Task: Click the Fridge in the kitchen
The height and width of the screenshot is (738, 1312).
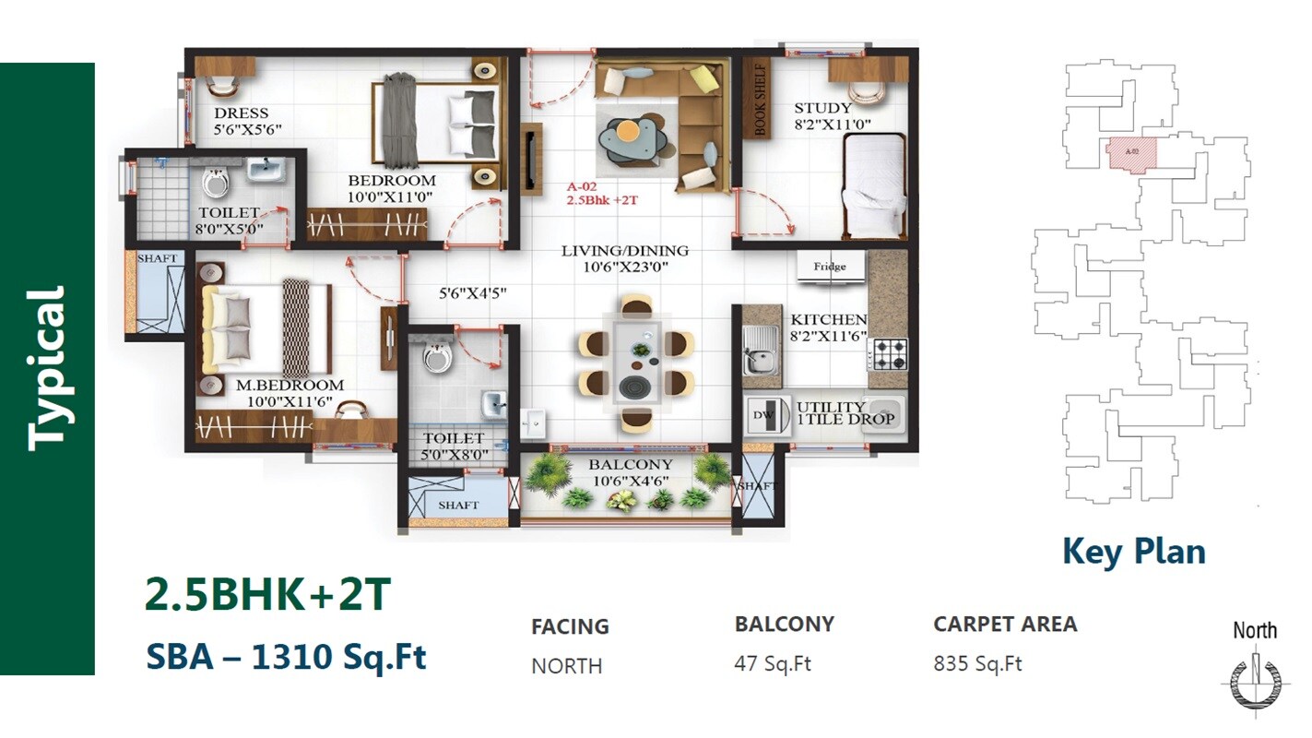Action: [830, 267]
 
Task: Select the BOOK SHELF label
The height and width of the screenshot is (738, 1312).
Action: [762, 100]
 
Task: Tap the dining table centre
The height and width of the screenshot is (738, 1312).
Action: [634, 363]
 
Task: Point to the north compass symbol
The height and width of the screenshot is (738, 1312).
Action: [1254, 681]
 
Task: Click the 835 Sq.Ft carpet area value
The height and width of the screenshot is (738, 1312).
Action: [977, 663]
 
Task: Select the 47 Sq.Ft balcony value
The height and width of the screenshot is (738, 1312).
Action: [773, 663]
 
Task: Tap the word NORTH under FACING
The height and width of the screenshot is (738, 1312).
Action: [566, 666]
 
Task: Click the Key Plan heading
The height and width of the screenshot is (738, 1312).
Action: [1133, 552]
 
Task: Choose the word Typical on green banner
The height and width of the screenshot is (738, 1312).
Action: [48, 369]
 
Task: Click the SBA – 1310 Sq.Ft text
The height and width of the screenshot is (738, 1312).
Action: [286, 658]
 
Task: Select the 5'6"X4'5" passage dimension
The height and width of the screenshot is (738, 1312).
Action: [472, 294]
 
